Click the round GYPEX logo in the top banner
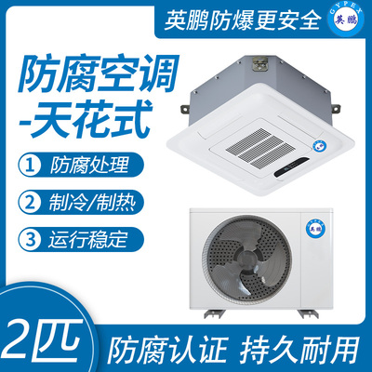(x=347, y=20)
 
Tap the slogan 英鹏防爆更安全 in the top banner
(x=243, y=20)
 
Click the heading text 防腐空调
(x=99, y=73)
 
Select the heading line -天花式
(x=86, y=119)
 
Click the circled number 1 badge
(x=30, y=165)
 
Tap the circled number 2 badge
(x=30, y=202)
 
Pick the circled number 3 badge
(x=30, y=239)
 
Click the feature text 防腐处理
(x=89, y=165)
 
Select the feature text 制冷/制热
(x=92, y=203)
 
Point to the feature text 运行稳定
(x=88, y=239)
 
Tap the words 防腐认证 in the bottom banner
(x=167, y=351)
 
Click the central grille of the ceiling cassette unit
(x=255, y=146)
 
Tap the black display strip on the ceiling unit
(x=292, y=167)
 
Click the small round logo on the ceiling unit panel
(x=319, y=145)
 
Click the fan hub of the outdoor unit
(x=246, y=259)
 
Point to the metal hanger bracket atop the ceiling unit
(x=259, y=62)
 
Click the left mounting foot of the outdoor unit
(x=213, y=313)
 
